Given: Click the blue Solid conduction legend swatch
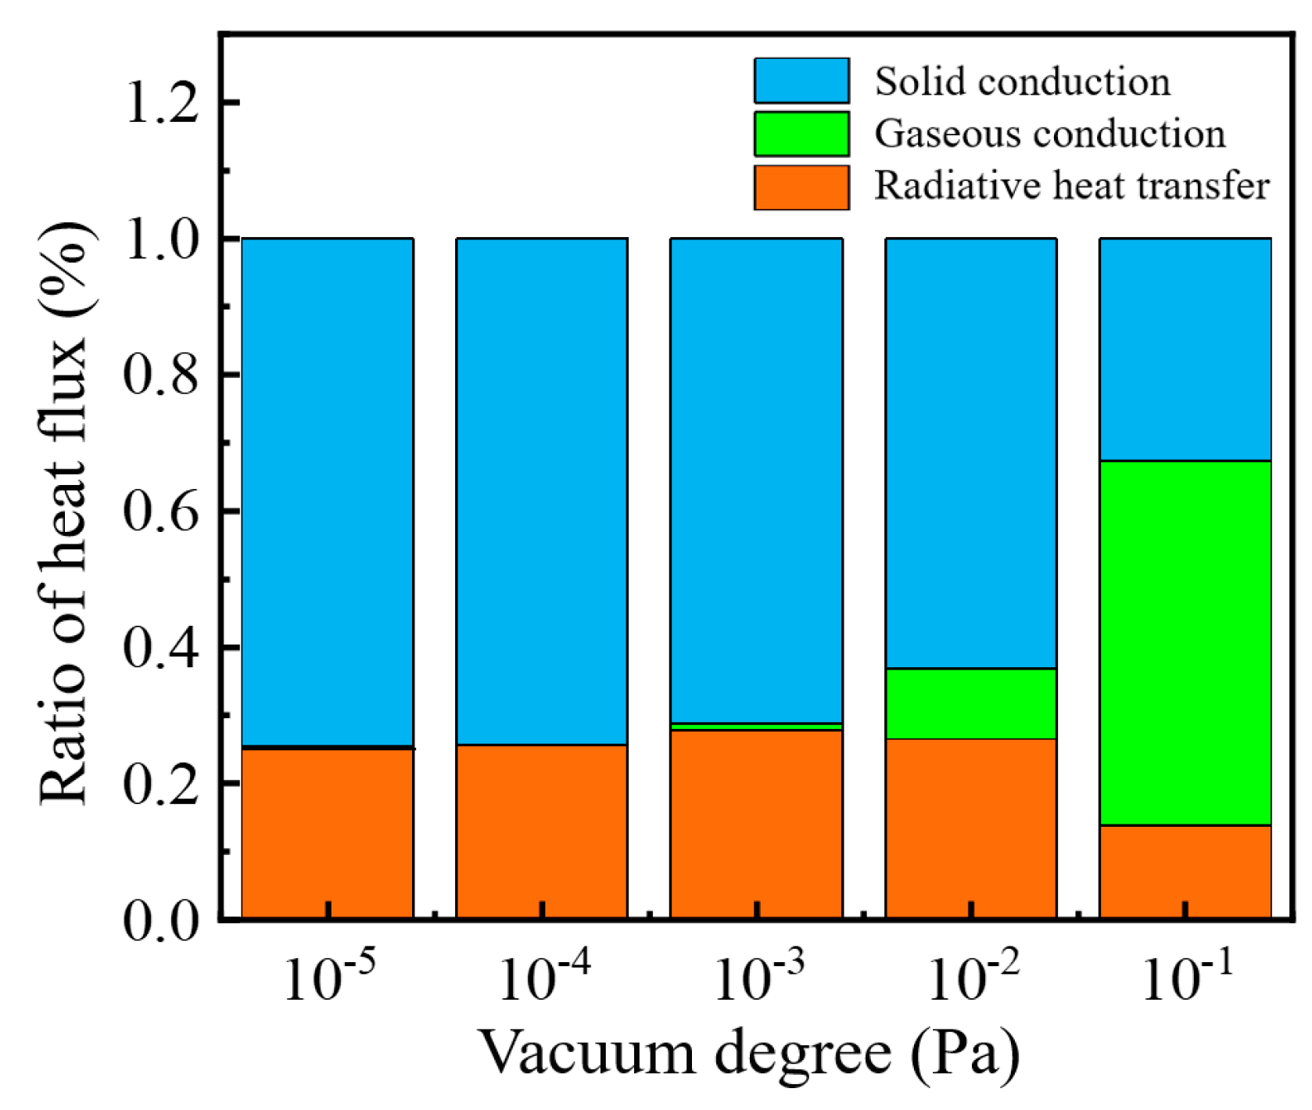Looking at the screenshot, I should point(801,81).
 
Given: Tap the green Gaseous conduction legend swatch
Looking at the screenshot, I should point(801,134).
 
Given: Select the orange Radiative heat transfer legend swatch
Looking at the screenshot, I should point(801,187).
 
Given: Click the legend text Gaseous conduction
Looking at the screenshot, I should point(1049,134).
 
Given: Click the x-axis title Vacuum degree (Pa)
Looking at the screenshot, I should point(748,1053).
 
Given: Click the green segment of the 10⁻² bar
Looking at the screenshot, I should point(970,703).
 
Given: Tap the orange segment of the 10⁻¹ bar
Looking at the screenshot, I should point(1185,871).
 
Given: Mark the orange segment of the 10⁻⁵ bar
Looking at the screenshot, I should point(328,832).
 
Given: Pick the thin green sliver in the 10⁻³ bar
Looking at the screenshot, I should point(756,727).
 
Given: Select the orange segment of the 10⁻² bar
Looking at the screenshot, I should point(970,828).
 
